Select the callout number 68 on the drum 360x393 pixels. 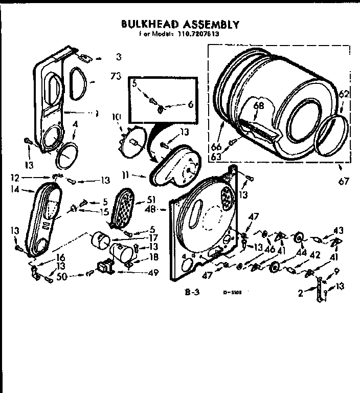(x=259, y=106)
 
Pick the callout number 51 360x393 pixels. (x=151, y=200)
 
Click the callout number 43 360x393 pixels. (x=339, y=230)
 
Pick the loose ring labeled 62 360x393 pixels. (x=329, y=134)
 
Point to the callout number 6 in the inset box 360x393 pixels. (x=190, y=103)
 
